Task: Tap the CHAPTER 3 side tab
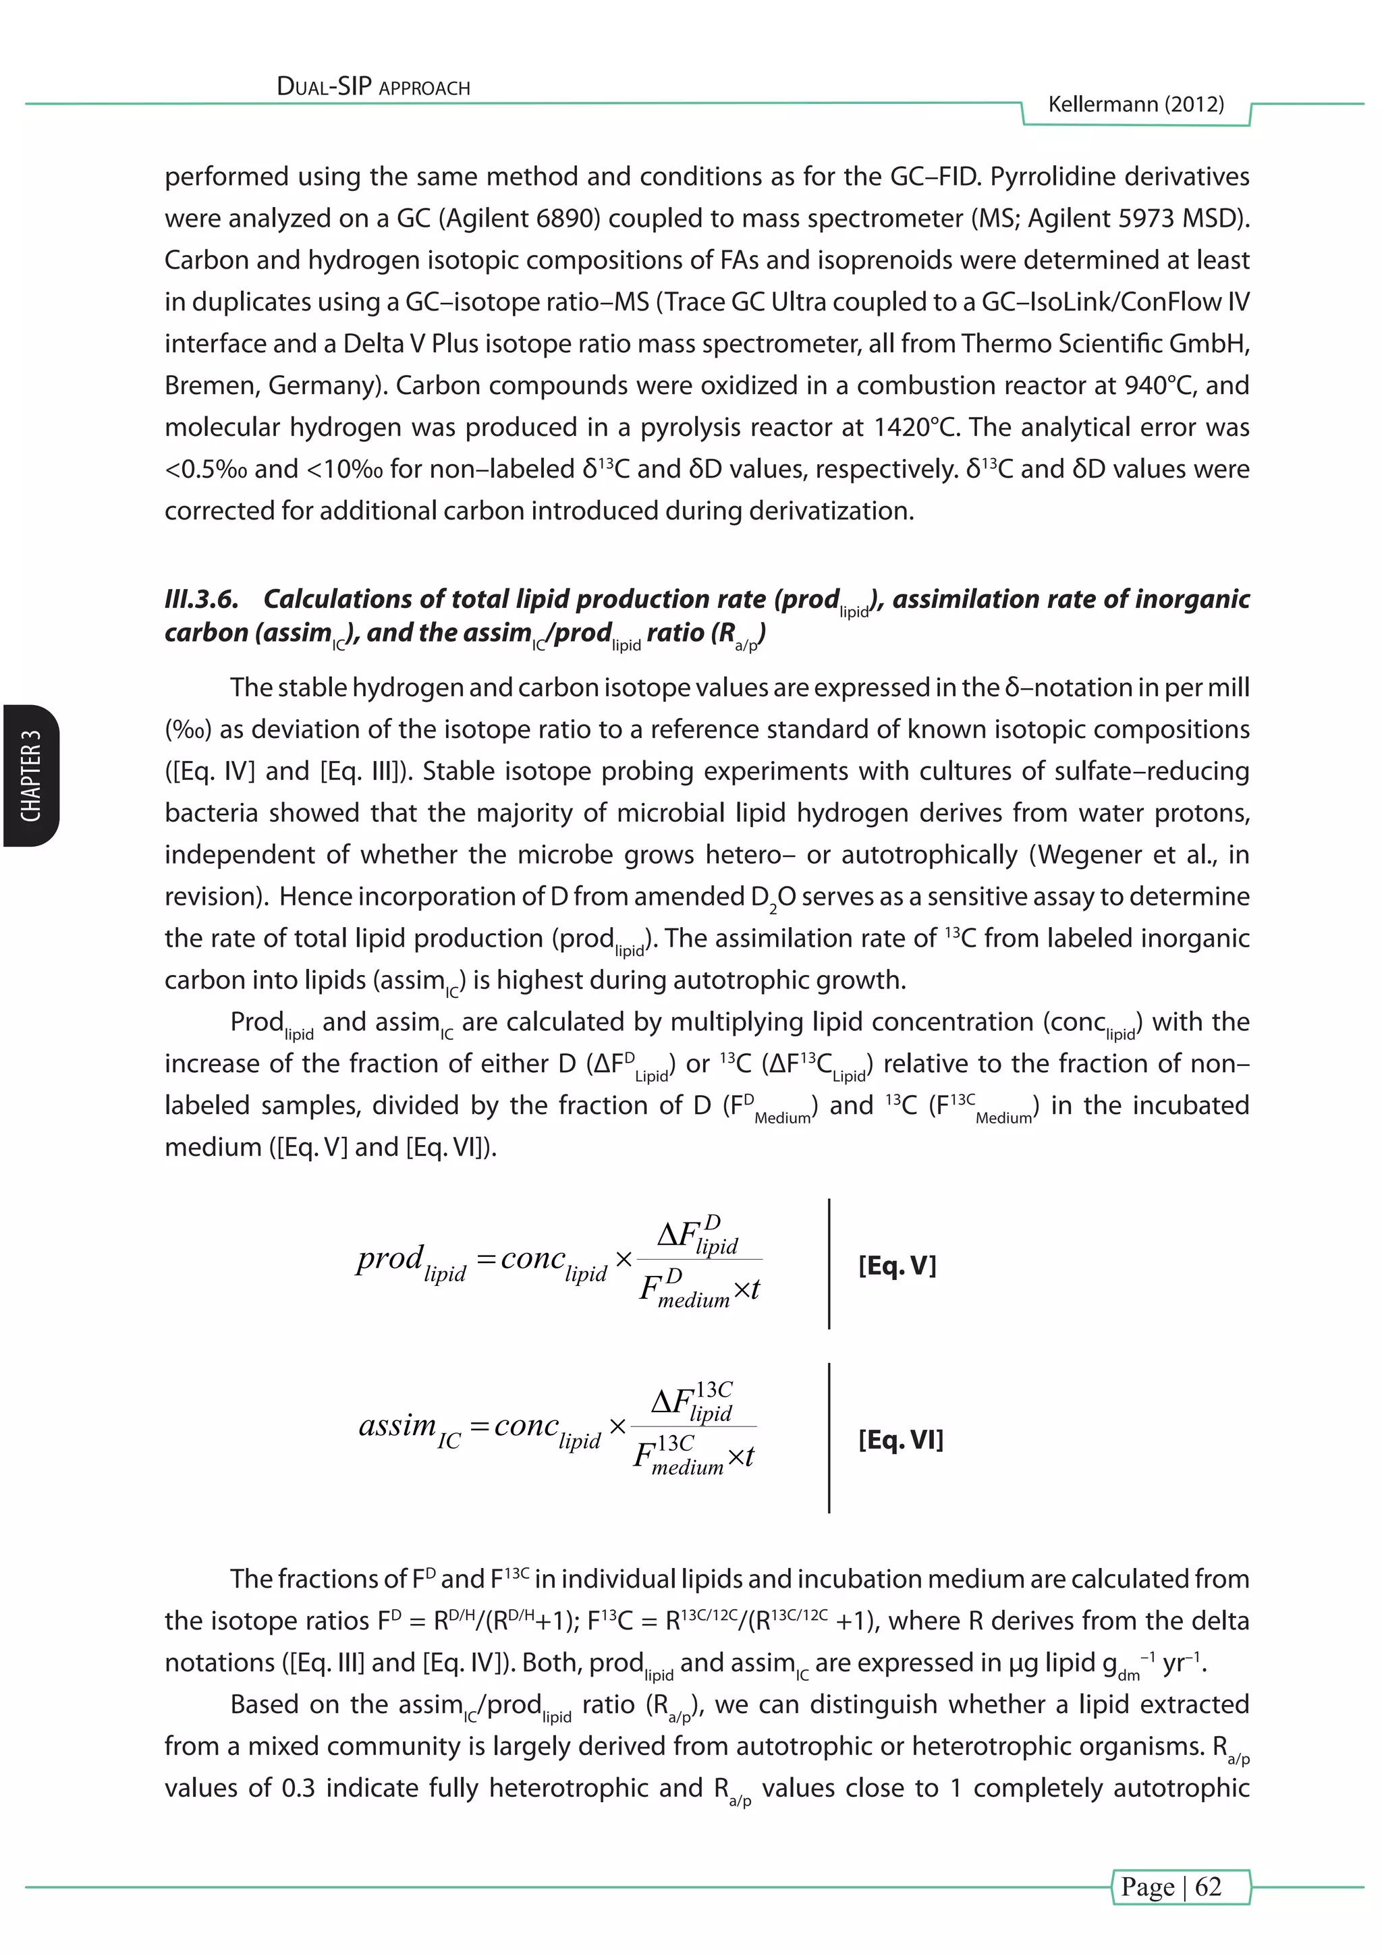point(30,775)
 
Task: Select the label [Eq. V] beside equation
point(897,1266)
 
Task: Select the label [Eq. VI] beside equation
point(900,1439)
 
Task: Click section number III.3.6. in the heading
point(201,599)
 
